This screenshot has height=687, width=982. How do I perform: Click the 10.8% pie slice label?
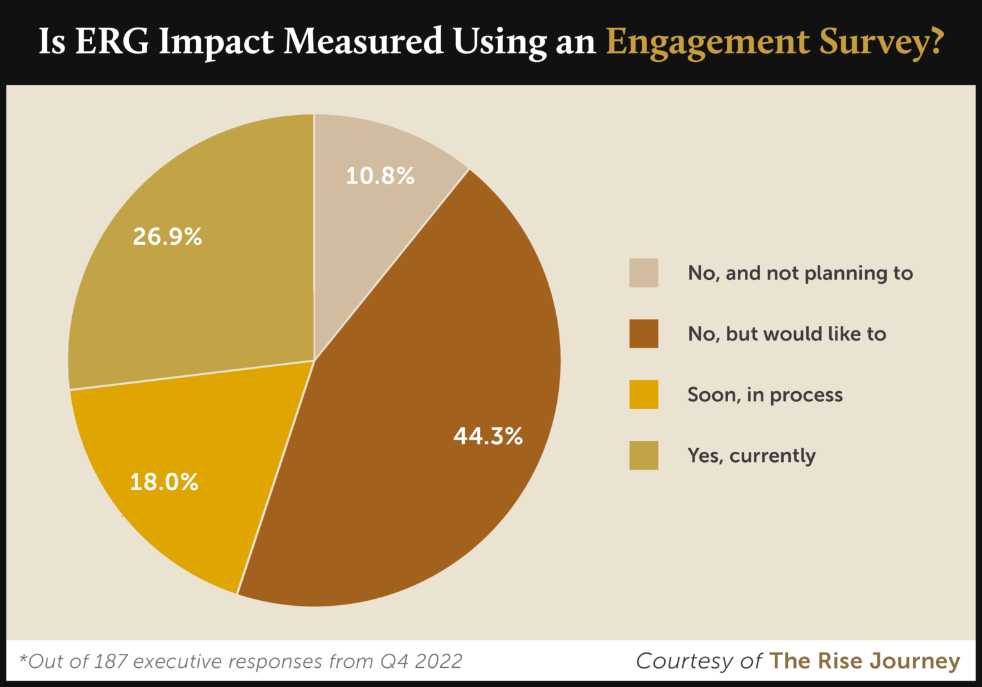click(380, 176)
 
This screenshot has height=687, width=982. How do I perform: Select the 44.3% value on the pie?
click(488, 436)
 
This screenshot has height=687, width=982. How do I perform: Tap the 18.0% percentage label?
click(164, 482)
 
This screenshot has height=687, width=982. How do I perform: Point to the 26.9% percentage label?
click(168, 236)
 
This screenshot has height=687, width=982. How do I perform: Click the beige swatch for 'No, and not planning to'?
click(643, 273)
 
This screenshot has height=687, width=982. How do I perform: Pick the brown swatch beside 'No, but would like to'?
click(643, 334)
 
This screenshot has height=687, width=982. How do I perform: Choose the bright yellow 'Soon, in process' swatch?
click(643, 394)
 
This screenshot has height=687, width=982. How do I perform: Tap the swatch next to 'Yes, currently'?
click(643, 455)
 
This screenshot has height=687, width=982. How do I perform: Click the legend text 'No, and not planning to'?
click(800, 274)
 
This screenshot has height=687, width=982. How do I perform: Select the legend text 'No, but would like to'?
click(786, 334)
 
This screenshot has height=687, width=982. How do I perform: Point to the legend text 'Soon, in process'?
click(765, 395)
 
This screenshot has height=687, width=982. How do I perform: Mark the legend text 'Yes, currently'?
click(751, 456)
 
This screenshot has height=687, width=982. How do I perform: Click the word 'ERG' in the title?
click(112, 42)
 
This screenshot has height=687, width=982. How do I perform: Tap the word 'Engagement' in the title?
click(707, 43)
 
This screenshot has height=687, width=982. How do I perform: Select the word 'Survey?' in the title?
click(881, 43)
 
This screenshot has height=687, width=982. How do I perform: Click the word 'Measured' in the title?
click(363, 42)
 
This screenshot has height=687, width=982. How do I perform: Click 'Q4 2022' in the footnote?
click(421, 661)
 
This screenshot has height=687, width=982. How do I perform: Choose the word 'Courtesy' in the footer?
click(684, 661)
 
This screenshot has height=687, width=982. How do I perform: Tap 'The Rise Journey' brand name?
click(864, 661)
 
